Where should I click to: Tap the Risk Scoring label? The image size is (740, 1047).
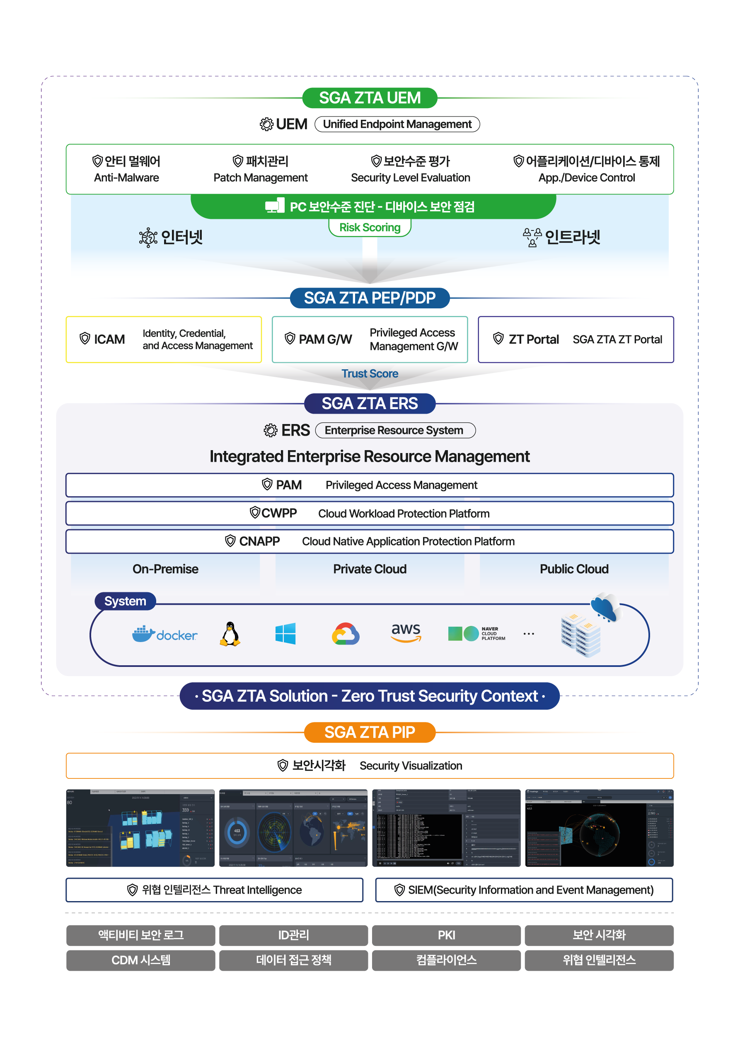point(369,228)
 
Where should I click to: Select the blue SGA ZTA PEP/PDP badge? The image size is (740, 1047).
point(369,298)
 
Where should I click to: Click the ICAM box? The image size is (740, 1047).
point(164,340)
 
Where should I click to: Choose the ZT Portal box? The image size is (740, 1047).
point(576,340)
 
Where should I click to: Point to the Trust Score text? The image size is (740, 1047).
point(369,374)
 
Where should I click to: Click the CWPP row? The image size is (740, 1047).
point(369,514)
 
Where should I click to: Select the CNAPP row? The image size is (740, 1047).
point(369,541)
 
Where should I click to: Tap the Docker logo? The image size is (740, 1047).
point(164,634)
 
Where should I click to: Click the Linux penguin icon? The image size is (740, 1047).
point(230,634)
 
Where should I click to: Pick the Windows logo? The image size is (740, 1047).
point(285,633)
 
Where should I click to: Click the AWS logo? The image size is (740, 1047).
point(406,633)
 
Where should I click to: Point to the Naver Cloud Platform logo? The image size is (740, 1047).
point(476,633)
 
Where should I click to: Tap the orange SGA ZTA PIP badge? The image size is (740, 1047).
point(369,732)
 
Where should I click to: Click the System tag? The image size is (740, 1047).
point(125,601)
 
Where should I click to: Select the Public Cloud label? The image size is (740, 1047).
point(574,569)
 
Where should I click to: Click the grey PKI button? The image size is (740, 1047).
point(446,935)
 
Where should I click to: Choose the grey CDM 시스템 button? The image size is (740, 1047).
point(140,960)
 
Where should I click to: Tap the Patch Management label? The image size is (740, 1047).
point(260,178)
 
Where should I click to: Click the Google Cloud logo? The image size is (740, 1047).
point(345,633)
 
